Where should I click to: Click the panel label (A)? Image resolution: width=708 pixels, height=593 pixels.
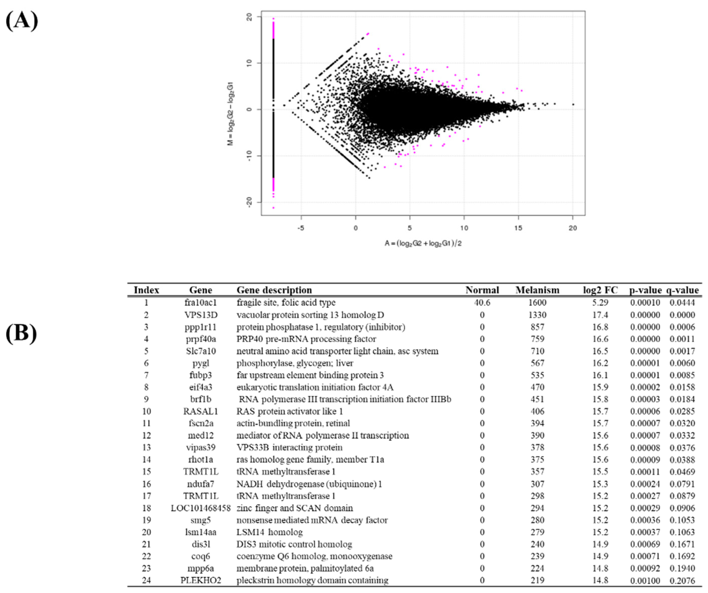(22, 21)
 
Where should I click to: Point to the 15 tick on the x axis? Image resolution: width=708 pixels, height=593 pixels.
(518, 228)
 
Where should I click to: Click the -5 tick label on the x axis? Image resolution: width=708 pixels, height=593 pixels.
(301, 228)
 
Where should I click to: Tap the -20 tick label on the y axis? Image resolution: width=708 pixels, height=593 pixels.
(250, 202)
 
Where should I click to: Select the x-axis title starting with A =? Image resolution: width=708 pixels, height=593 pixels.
(423, 243)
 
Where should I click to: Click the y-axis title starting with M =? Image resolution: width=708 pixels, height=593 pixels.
(231, 114)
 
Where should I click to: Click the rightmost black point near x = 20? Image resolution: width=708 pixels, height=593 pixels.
(573, 104)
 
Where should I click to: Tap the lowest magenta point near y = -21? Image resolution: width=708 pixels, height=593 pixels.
(274, 208)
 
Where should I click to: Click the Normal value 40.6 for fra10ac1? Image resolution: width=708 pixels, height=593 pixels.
(482, 303)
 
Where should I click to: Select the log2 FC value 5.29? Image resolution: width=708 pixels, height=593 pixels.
(600, 303)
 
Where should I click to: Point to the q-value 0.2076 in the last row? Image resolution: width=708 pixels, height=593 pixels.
(682, 580)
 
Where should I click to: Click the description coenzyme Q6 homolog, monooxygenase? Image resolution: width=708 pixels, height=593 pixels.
(314, 556)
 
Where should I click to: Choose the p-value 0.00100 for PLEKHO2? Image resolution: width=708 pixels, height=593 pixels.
(645, 580)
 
